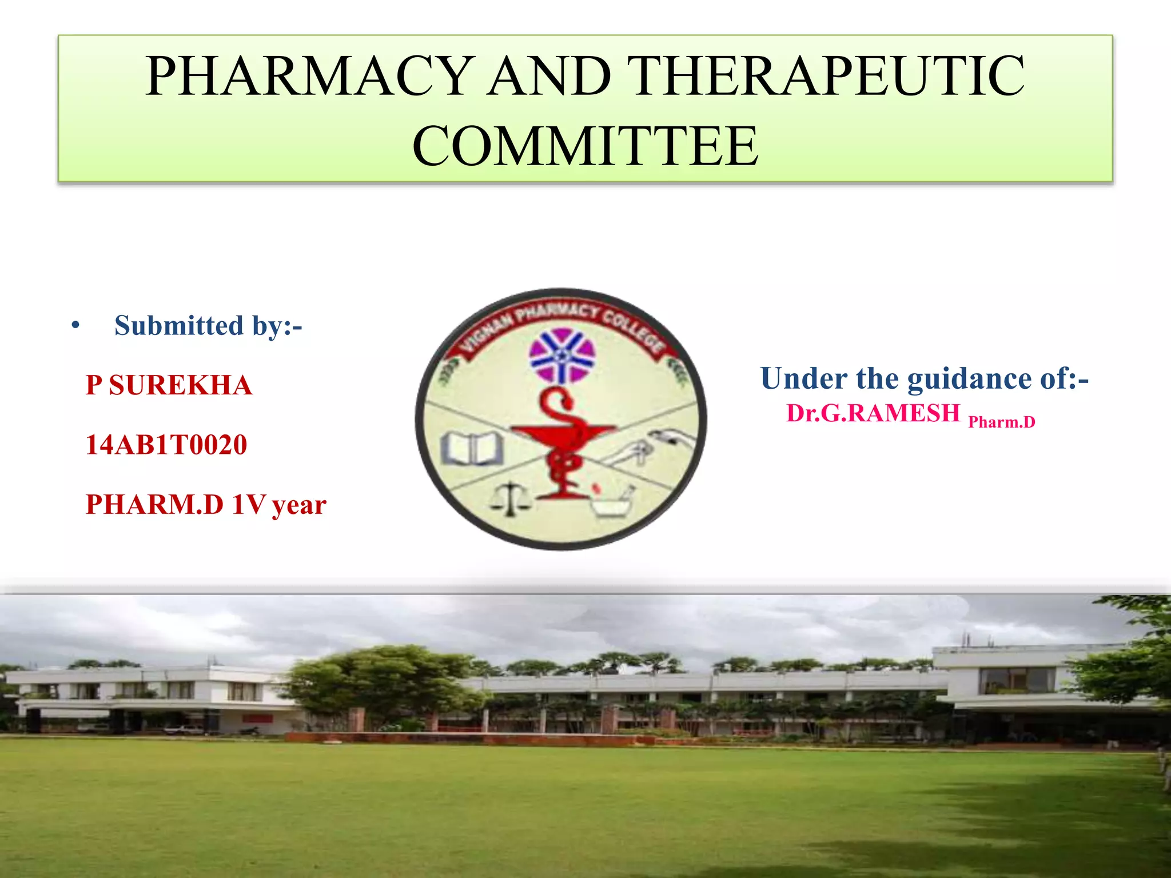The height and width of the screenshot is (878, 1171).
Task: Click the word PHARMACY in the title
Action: (x=309, y=76)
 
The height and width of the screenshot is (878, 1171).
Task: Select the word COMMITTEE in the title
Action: (x=585, y=146)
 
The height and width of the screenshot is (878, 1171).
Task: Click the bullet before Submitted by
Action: (x=75, y=326)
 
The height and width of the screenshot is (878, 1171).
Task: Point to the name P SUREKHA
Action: (x=169, y=385)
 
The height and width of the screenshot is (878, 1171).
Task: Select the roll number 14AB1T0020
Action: (x=166, y=445)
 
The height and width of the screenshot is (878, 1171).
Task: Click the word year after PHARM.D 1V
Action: (x=299, y=505)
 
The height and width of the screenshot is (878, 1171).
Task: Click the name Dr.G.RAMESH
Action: (x=873, y=413)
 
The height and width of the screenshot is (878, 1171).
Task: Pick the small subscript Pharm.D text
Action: (x=1001, y=422)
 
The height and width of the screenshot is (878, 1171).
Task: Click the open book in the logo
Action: (x=472, y=448)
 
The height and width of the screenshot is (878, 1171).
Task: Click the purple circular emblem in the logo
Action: (x=561, y=355)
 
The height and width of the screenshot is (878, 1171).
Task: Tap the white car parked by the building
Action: (x=184, y=730)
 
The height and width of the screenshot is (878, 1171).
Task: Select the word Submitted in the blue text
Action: (x=179, y=326)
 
